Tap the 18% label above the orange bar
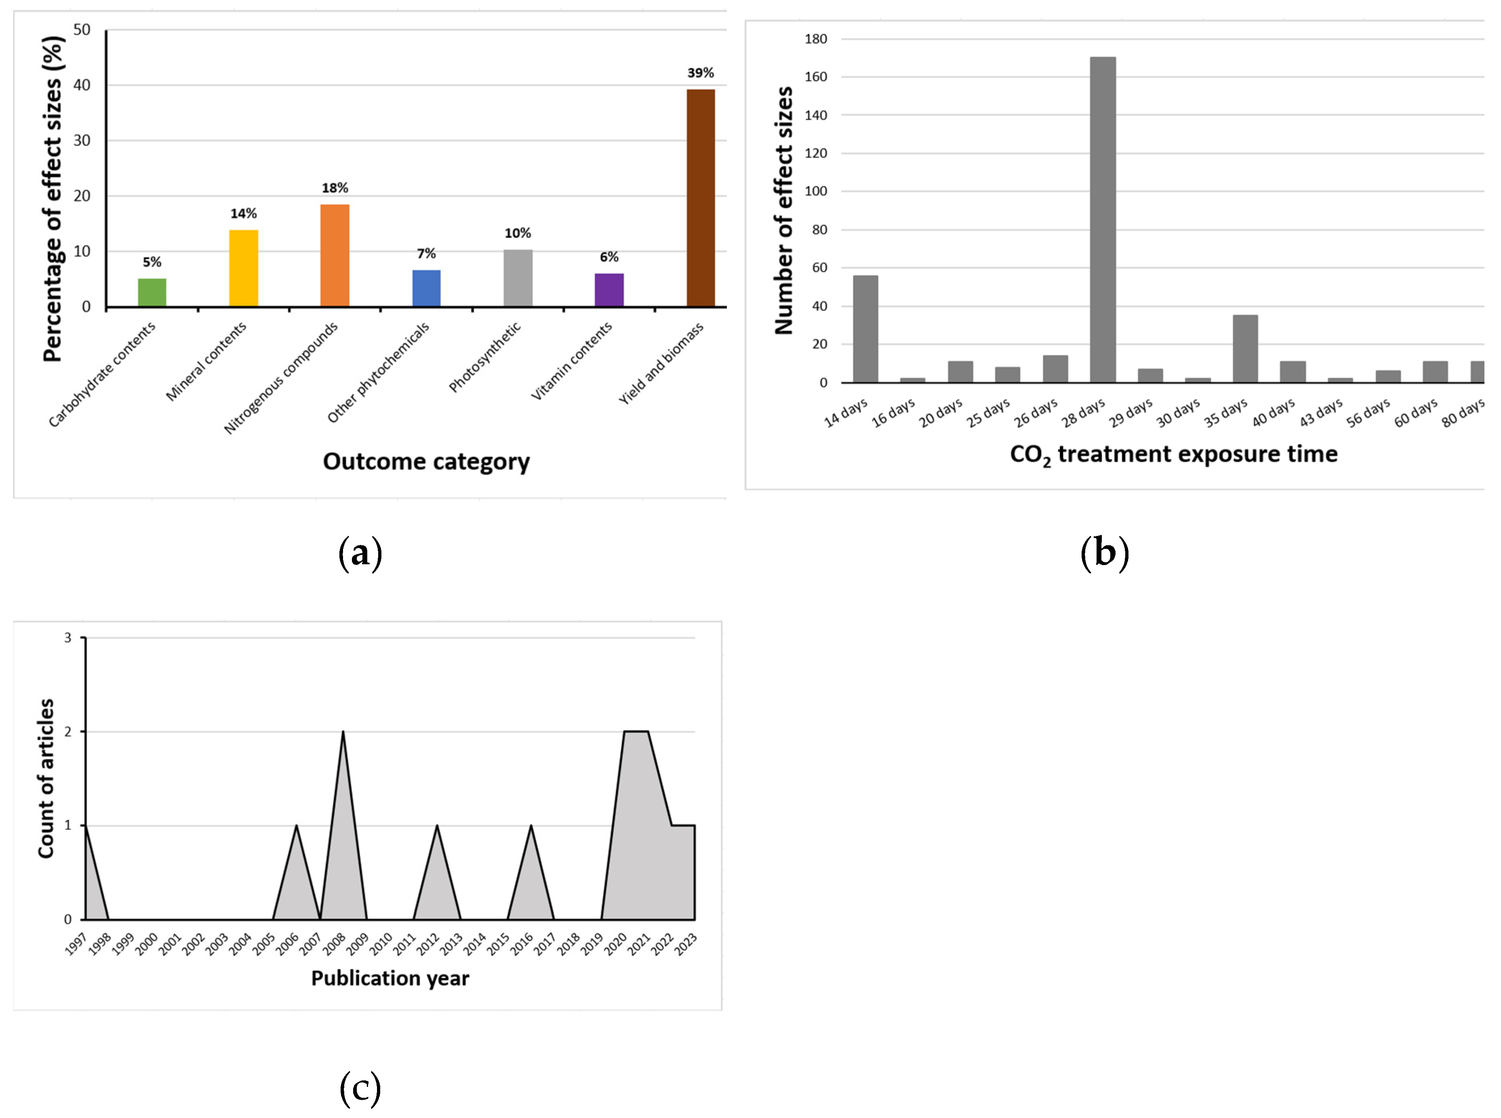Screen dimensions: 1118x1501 coord(335,188)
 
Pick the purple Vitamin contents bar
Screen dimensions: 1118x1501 coord(609,290)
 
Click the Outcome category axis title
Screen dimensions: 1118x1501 coord(426,462)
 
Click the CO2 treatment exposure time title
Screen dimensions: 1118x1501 coord(1174,454)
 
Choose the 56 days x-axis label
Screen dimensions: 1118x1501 coord(1368,413)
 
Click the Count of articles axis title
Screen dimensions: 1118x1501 coord(46,778)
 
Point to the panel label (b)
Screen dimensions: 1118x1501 coord(1105,553)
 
